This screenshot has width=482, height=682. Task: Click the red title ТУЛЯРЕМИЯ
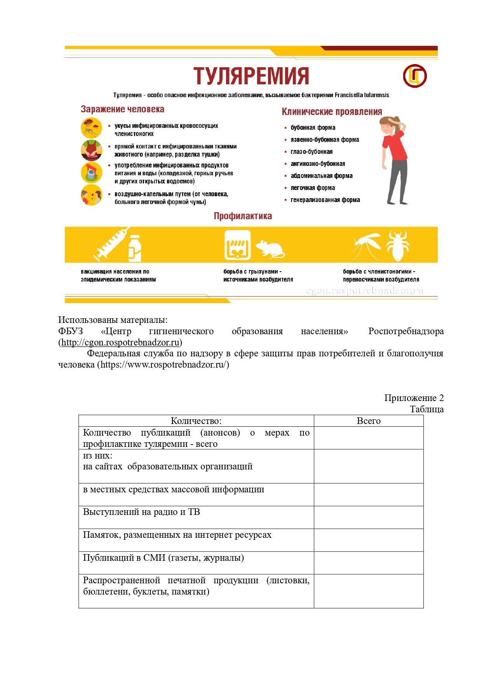[251, 75]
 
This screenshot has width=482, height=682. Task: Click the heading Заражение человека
[122, 109]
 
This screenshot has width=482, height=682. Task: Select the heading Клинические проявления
[331, 112]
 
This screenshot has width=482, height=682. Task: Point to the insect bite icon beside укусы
[91, 128]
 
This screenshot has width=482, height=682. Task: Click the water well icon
[91, 173]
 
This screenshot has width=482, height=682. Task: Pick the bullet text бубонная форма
[313, 127]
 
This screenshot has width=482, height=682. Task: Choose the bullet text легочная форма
[313, 188]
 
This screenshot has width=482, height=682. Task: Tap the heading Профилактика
[243, 216]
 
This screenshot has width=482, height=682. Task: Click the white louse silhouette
[398, 246]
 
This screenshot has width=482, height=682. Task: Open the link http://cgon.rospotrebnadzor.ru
[121, 342]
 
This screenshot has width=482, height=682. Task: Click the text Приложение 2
[414, 398]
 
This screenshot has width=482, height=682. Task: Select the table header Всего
[368, 421]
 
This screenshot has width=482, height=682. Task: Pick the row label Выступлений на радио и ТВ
[141, 512]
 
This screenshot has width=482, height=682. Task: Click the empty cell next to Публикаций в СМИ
[368, 563]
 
